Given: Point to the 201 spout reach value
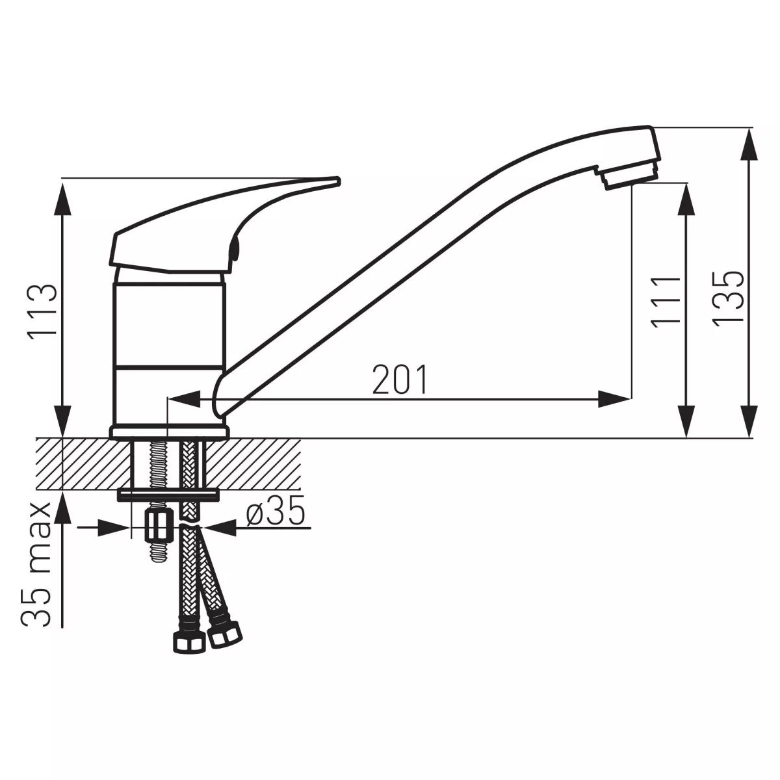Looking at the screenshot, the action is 400,379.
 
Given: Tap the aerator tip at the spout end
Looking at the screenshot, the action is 630,179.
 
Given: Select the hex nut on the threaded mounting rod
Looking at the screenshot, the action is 159,525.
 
